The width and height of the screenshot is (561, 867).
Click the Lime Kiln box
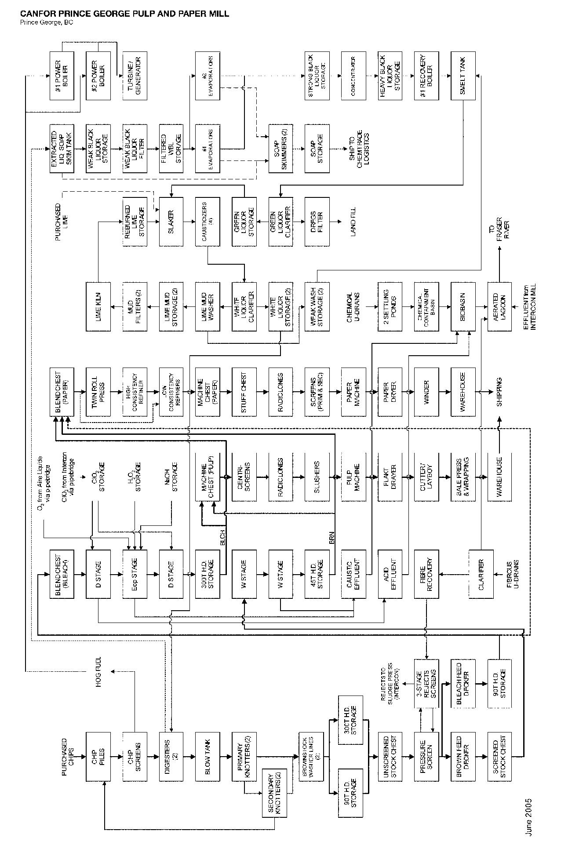[x=98, y=306]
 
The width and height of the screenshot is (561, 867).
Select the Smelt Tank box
[x=463, y=76]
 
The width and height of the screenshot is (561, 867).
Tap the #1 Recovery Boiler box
[x=426, y=76]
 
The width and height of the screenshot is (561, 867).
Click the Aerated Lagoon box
[x=499, y=306]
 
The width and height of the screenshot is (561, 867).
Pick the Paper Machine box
[x=353, y=391]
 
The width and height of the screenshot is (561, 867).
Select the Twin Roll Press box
[x=98, y=391]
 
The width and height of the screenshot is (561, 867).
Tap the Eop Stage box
[x=135, y=573]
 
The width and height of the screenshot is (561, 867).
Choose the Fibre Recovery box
[x=426, y=573]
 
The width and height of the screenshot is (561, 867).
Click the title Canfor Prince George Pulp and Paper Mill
[x=124, y=14]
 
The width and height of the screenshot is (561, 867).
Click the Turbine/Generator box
[x=135, y=76]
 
